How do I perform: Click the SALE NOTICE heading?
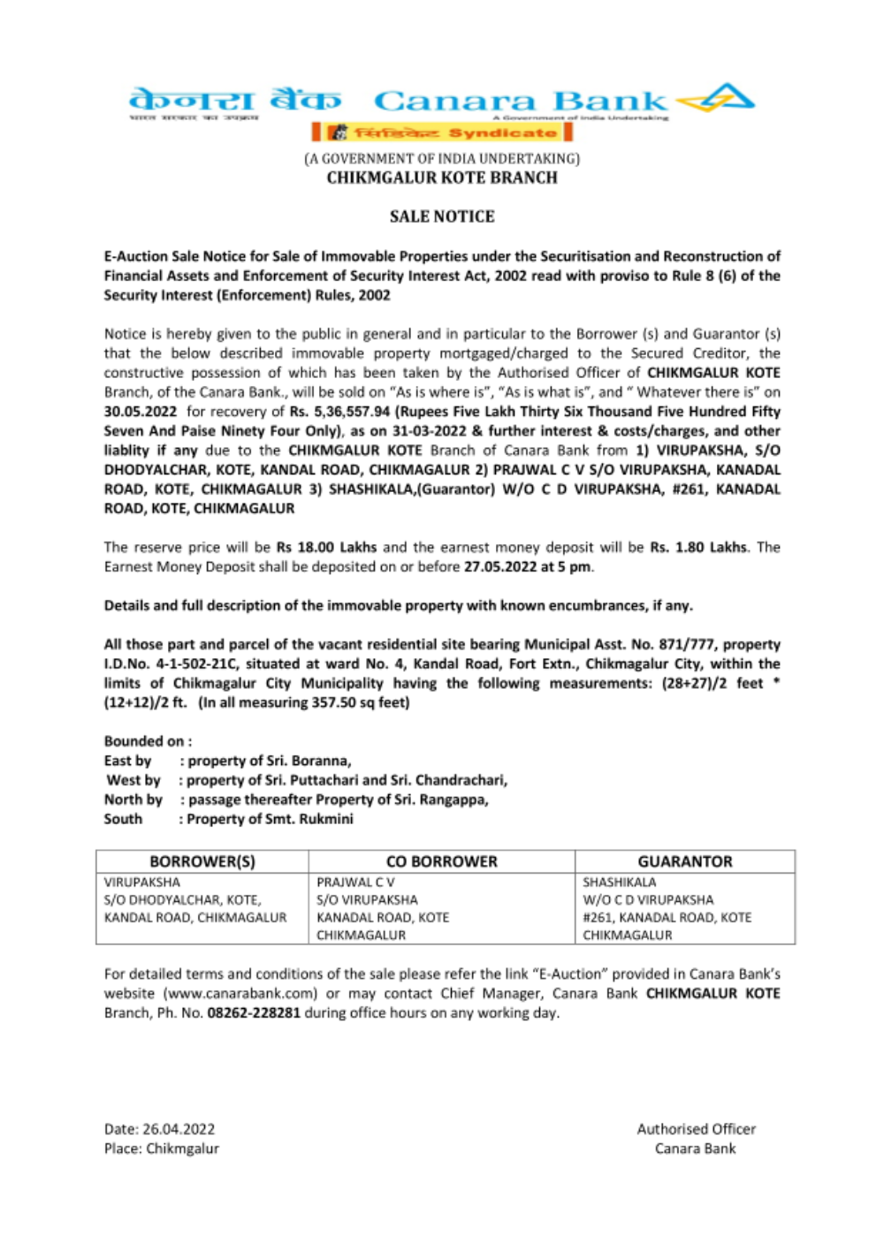point(442,216)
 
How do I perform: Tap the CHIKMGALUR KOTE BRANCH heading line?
point(442,178)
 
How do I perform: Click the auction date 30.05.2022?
point(141,412)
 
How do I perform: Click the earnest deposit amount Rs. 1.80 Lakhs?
point(698,548)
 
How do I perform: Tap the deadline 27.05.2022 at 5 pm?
point(528,567)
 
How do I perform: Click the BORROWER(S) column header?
point(202,862)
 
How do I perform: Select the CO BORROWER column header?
point(442,862)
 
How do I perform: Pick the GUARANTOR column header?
point(685,862)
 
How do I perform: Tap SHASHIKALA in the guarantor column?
point(620,883)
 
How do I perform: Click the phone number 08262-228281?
point(254,1013)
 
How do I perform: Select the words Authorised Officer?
point(697,1130)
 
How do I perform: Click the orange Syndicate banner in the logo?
point(442,133)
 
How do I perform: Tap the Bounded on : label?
point(148,742)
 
